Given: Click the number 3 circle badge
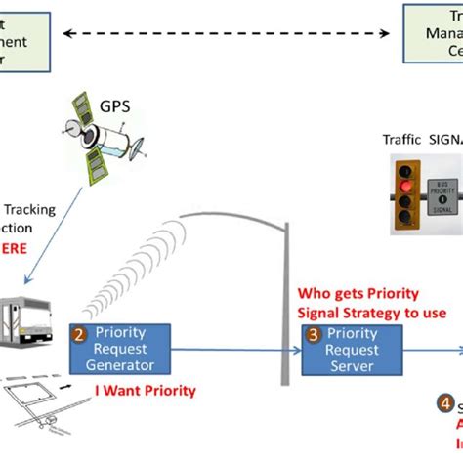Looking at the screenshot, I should tap(311, 333).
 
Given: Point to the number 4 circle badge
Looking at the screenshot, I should tap(444, 403).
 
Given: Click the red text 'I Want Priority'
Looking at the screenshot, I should tap(147, 391).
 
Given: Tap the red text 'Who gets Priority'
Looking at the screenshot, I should tap(364, 293).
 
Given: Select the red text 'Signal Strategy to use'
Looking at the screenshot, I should tap(371, 312).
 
